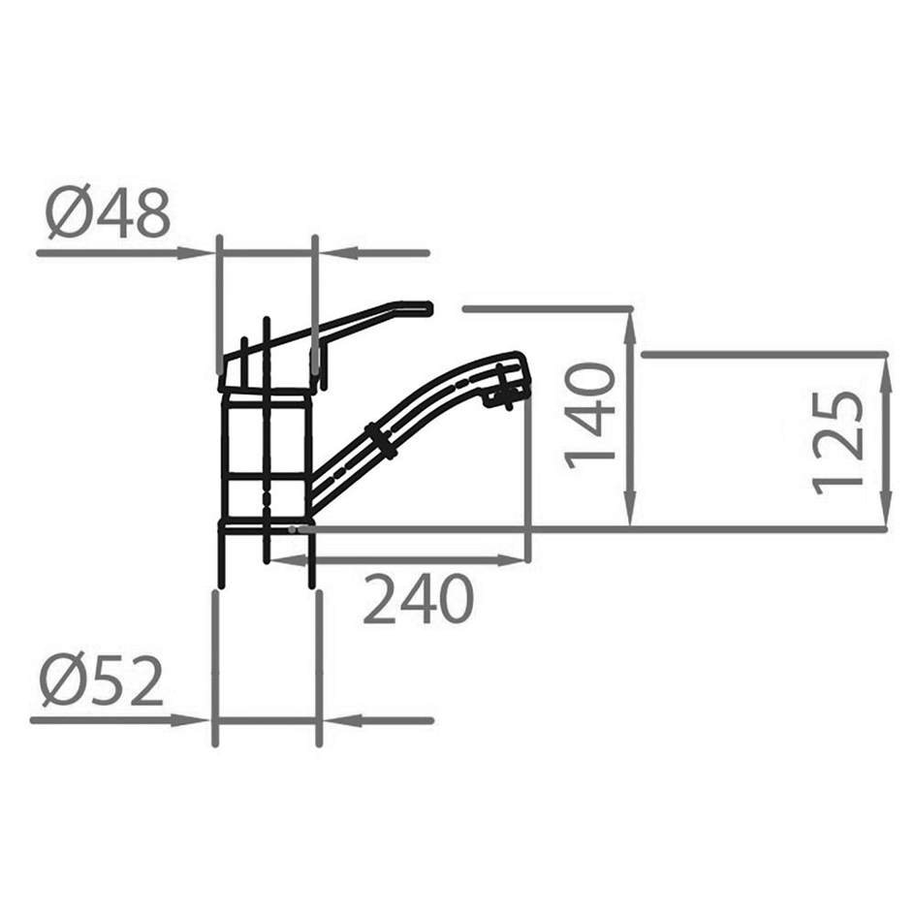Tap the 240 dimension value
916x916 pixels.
click(419, 600)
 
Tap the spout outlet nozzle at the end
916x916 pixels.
click(508, 392)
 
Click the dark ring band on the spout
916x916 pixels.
click(379, 441)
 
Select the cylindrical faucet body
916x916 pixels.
click(266, 456)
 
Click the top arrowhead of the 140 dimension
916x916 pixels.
click(630, 324)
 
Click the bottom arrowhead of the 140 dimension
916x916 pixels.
click(630, 514)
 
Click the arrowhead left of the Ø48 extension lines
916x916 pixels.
click(198, 253)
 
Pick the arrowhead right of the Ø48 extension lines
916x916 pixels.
click(334, 253)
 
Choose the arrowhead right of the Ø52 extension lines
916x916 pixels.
click(337, 720)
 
